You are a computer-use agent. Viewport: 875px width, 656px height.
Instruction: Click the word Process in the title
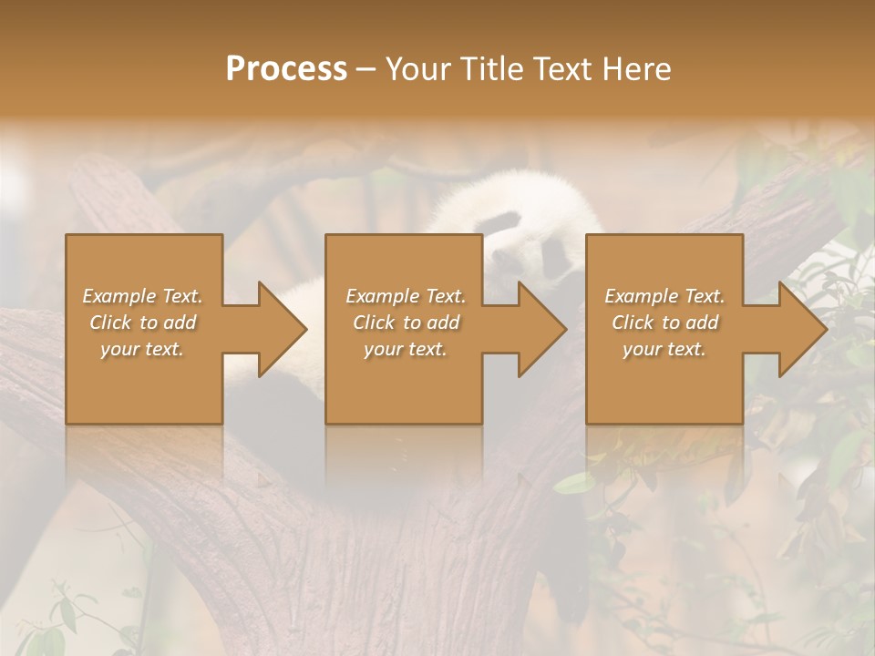(286, 69)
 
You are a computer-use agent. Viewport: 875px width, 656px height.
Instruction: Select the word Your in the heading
(416, 69)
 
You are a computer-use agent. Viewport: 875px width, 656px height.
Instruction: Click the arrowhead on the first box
(277, 329)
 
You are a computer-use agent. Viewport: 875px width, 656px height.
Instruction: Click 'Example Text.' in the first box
(142, 296)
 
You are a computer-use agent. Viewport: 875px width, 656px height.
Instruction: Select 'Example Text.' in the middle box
(405, 296)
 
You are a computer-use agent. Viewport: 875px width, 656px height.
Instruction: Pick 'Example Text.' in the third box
(664, 296)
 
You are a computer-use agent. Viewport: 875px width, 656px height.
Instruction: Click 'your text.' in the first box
(142, 349)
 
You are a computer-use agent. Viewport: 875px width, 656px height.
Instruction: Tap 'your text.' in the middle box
(405, 349)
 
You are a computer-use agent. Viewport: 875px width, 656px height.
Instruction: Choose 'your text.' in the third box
(664, 349)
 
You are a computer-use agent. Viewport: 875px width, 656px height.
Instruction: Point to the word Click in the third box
(633, 323)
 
